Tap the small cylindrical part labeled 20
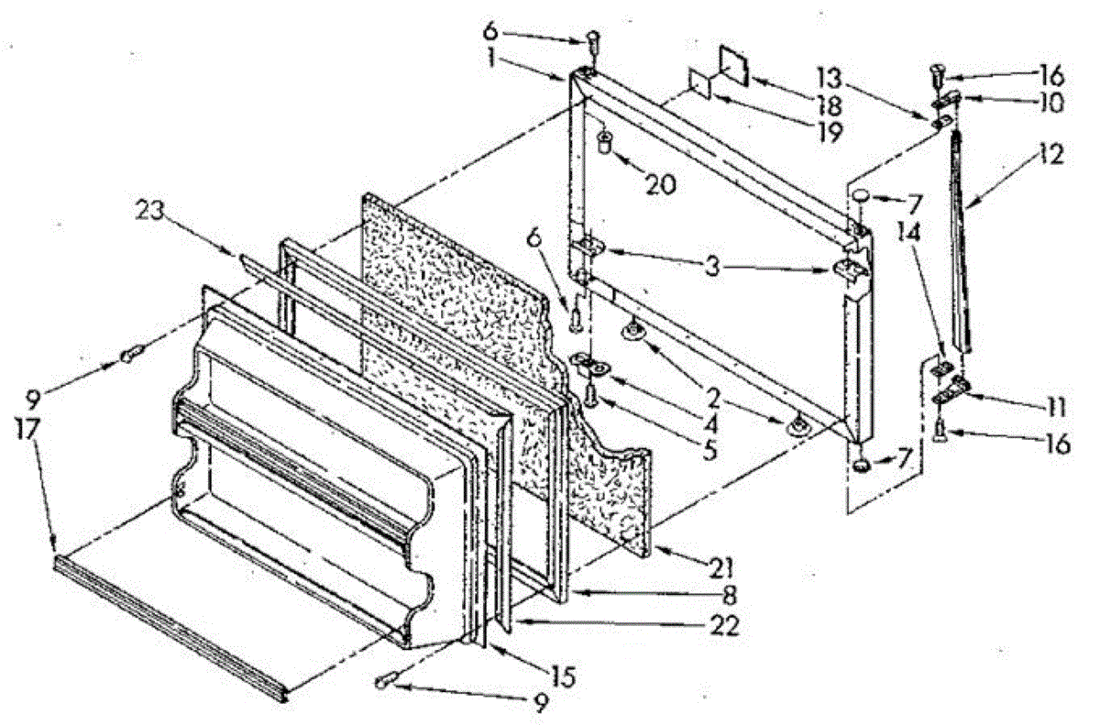click(605, 142)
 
